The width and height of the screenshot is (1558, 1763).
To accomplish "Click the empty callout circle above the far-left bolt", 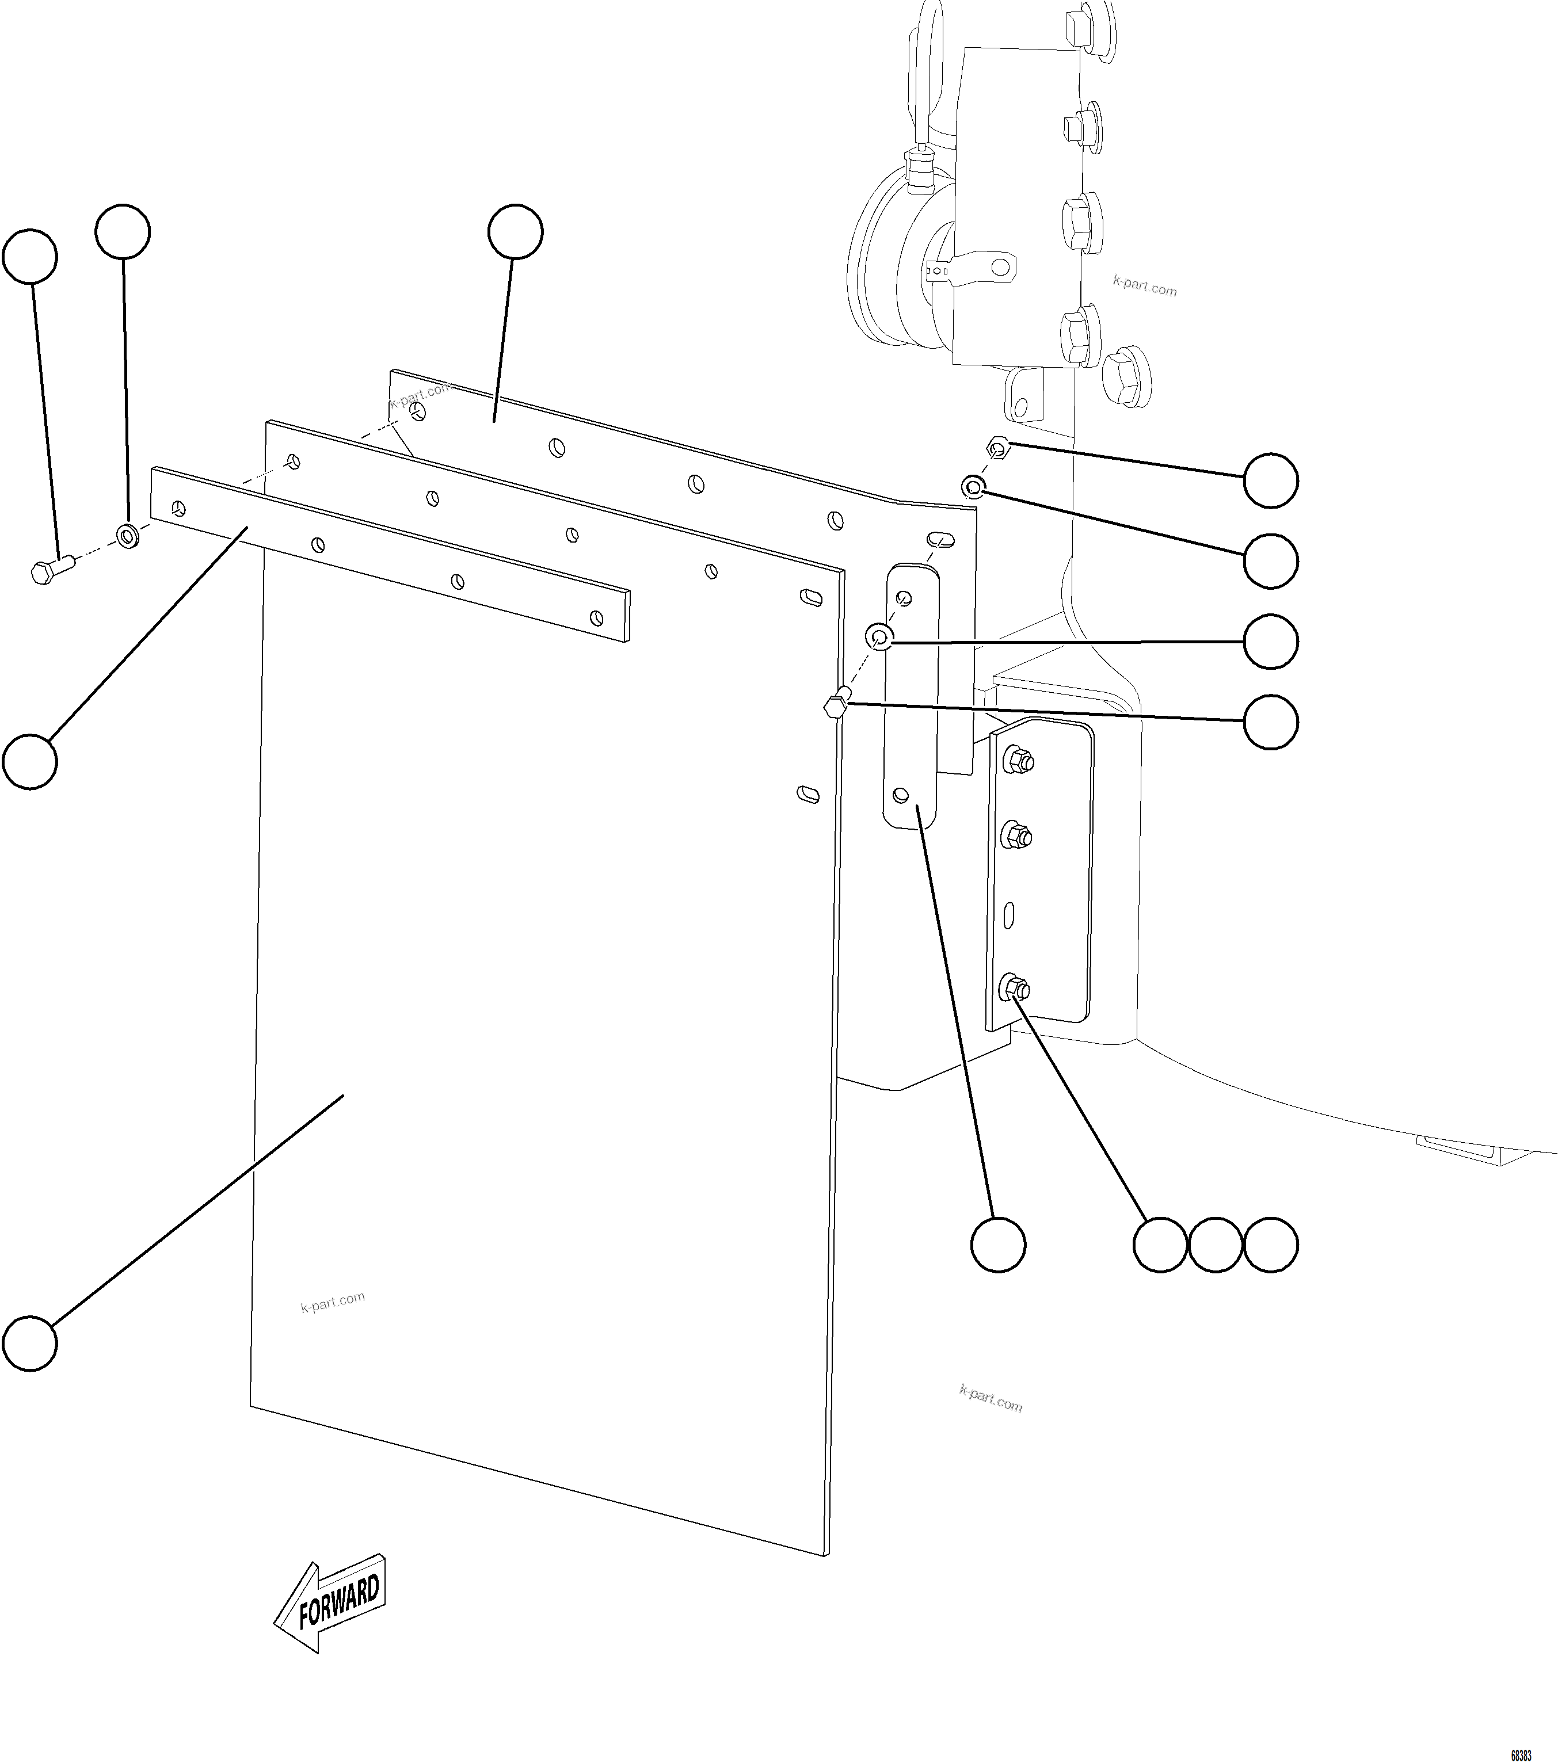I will tap(30, 256).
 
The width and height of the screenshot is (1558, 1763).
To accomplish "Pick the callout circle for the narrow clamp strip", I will tap(30, 761).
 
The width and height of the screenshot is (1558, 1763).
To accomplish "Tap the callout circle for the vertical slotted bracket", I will tap(998, 1245).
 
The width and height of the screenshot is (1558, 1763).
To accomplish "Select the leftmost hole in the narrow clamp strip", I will tap(178, 507).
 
